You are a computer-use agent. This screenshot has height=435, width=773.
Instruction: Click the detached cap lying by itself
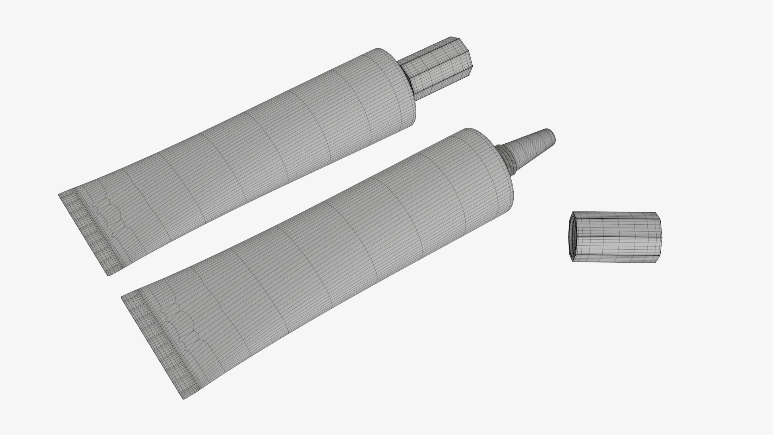[616, 237]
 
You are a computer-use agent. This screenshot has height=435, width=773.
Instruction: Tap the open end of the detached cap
[572, 237]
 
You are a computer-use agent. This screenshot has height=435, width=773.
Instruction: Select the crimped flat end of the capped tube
[91, 230]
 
